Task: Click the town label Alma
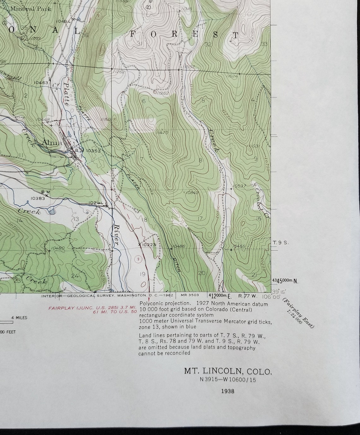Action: coord(52,143)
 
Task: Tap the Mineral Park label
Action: coord(30,9)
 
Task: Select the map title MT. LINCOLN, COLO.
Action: coord(228,371)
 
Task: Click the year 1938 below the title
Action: coord(228,391)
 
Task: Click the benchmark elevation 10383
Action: coord(38,198)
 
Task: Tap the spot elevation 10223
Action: coord(149,244)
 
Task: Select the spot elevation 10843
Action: coord(192,192)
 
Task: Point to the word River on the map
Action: coord(117,235)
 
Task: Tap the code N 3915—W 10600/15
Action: coord(228,380)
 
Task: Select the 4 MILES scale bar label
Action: coord(19,317)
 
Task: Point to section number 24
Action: coord(75,276)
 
